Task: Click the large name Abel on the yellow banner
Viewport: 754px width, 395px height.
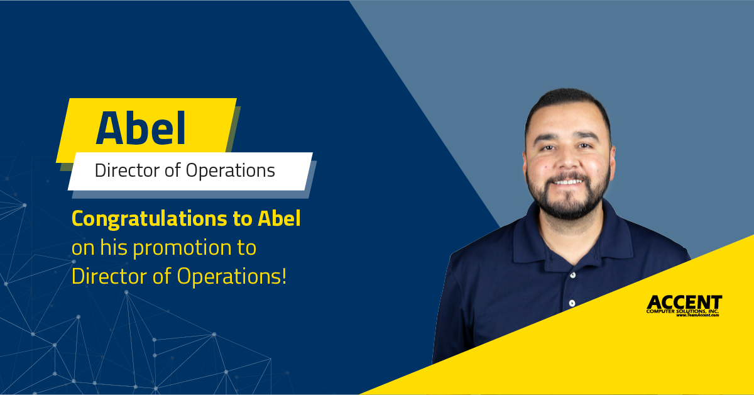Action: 141,128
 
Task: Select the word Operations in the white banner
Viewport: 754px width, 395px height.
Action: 230,171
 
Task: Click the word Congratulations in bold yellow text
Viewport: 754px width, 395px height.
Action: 150,220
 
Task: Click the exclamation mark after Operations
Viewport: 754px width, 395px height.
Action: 284,275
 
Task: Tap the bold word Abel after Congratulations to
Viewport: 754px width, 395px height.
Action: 279,218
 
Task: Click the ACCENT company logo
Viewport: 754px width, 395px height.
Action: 684,306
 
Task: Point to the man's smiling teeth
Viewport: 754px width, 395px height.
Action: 568,182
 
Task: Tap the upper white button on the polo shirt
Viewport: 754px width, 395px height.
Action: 572,275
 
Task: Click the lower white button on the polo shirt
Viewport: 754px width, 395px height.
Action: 572,303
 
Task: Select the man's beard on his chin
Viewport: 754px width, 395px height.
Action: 568,206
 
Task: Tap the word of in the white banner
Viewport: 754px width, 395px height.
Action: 173,170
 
